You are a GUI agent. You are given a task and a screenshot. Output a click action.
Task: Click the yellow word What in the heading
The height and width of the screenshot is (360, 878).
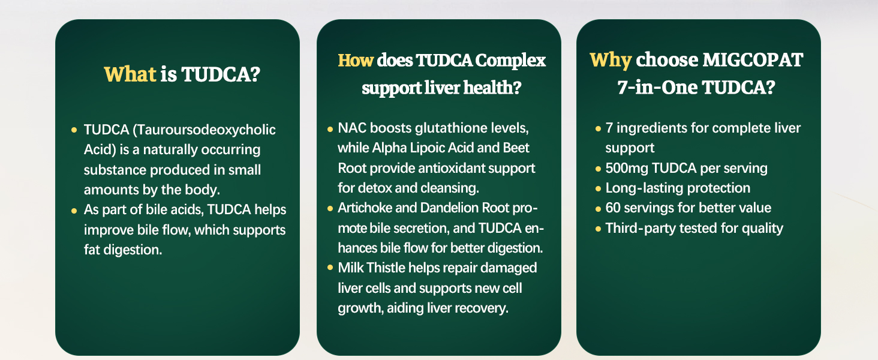(130, 74)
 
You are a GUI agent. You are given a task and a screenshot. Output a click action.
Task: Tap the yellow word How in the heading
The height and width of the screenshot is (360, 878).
(356, 61)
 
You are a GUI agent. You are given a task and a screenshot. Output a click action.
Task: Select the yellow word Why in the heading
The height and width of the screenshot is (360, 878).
(611, 61)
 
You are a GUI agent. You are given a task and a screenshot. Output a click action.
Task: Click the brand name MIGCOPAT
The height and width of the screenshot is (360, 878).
(753, 59)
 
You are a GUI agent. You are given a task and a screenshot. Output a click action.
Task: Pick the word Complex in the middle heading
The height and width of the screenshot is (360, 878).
(510, 61)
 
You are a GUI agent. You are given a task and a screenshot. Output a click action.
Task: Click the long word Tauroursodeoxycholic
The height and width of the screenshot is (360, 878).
(205, 130)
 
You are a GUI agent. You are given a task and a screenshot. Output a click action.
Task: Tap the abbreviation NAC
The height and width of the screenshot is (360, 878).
(351, 128)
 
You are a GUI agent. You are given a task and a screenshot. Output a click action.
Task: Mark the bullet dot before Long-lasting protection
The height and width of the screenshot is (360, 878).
(598, 188)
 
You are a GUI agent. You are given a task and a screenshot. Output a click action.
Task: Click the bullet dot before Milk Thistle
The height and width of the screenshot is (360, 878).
(330, 268)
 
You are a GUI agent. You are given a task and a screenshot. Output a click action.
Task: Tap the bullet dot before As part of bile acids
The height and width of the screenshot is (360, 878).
(74, 211)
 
